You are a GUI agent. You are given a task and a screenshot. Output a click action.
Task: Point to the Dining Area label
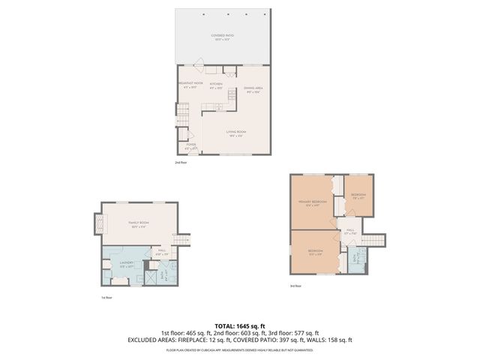(253, 89)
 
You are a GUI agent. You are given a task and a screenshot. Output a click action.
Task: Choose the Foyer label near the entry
(191, 146)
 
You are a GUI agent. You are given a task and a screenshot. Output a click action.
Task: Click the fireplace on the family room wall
(97, 223)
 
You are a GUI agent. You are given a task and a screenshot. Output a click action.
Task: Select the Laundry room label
(126, 263)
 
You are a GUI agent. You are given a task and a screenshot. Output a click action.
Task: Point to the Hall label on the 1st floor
(162, 252)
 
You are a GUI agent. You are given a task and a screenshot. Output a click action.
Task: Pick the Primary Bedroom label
(309, 203)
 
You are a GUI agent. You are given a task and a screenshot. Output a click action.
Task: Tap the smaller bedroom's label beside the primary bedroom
(358, 196)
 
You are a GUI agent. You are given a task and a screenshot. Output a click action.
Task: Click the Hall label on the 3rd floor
(349, 232)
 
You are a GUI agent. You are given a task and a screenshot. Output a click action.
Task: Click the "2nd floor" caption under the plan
(180, 162)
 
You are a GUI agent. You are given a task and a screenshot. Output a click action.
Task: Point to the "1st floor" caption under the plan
(107, 298)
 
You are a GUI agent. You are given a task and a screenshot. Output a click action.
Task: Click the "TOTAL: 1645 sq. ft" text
(240, 326)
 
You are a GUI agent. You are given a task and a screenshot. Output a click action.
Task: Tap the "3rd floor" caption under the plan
(296, 286)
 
